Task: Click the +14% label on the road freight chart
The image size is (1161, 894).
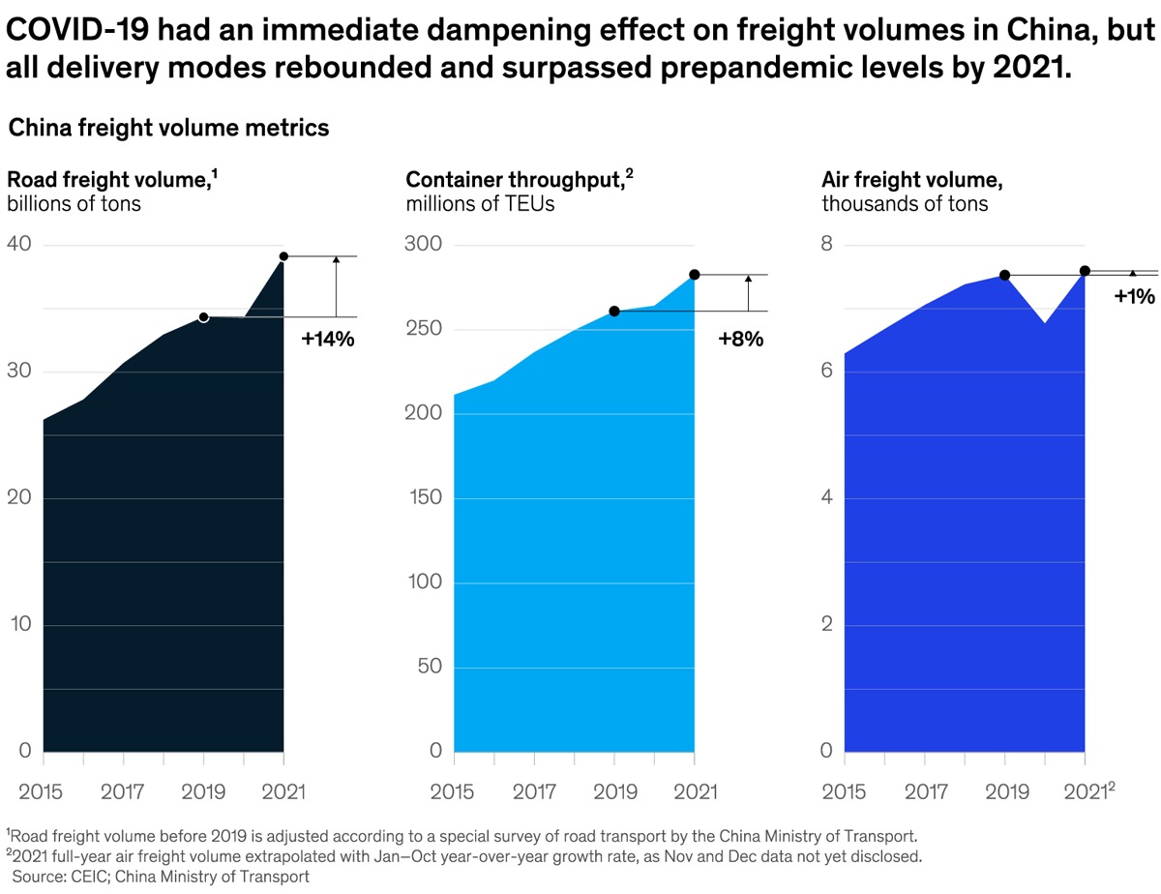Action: (328, 340)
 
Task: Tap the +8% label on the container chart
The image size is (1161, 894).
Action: (741, 339)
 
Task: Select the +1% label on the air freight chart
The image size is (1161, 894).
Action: (1135, 297)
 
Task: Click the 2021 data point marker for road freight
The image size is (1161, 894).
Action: (283, 256)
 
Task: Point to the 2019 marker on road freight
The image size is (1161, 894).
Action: (203, 317)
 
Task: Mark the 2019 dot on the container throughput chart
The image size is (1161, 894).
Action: (614, 312)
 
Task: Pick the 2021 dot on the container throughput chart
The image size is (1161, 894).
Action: (694, 276)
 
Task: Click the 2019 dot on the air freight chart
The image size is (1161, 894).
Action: (1005, 276)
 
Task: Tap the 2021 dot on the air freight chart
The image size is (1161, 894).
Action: (1085, 271)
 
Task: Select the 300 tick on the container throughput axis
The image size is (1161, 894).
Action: (423, 245)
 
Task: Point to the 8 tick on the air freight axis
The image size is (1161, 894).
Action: (827, 245)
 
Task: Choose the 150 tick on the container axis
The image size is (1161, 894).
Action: (423, 498)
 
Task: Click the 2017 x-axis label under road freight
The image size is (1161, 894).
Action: (123, 791)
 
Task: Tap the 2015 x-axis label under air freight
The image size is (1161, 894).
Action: (845, 791)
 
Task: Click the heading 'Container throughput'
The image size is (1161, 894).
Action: (513, 180)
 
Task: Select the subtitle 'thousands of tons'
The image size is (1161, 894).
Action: (905, 204)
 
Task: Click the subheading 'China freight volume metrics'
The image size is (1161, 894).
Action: (169, 128)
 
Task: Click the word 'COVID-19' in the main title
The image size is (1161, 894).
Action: (76, 32)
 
